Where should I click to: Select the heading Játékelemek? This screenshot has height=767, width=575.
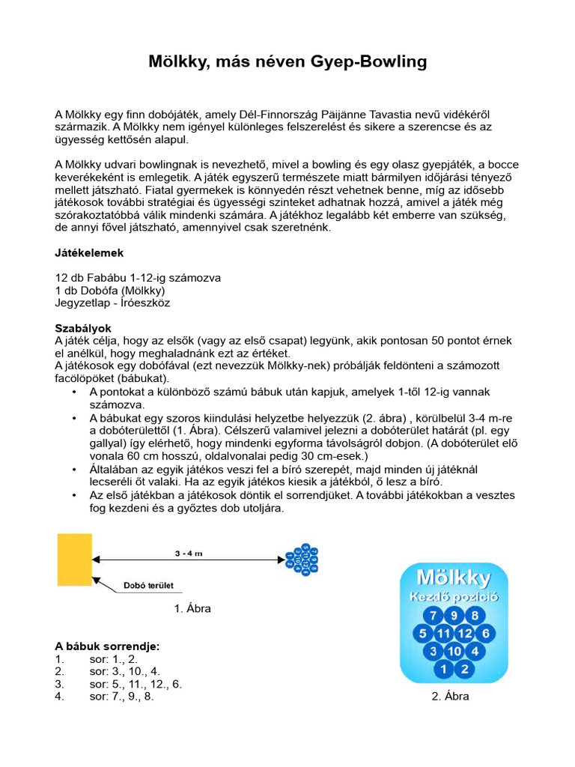[x=89, y=252]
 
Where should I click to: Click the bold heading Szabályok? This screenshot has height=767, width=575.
[x=83, y=328]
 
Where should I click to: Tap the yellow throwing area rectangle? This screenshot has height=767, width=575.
[x=75, y=560]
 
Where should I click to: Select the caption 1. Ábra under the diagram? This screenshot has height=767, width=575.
[x=192, y=608]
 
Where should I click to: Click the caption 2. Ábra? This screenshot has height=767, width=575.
[x=450, y=696]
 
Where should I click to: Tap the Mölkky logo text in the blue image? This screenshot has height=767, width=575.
[x=454, y=578]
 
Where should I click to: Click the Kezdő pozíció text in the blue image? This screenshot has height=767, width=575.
[x=454, y=598]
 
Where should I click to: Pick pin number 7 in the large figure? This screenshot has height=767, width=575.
[x=433, y=616]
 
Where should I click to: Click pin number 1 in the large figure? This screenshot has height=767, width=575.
[x=444, y=668]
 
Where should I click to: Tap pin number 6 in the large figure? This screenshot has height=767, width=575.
[x=485, y=634]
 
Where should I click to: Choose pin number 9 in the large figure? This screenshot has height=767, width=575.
[x=454, y=616]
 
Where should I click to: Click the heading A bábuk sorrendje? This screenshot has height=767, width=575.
[x=107, y=646]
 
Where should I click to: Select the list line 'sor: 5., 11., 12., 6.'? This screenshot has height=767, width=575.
[x=135, y=683]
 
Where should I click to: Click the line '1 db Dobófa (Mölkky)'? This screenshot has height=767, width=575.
[x=110, y=290]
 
